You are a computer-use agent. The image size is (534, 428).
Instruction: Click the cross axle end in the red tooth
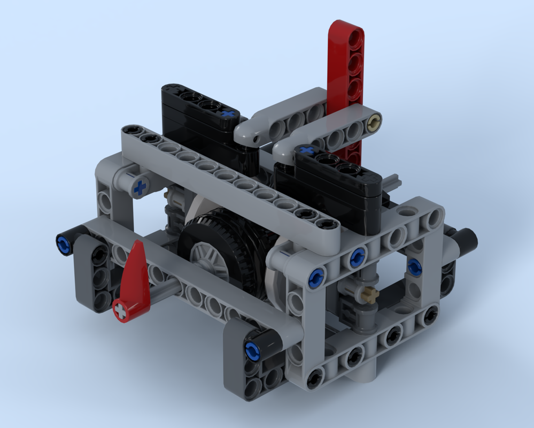pyautogui.click(x=122, y=310)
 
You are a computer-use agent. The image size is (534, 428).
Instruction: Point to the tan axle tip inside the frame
pyautogui.click(x=368, y=294)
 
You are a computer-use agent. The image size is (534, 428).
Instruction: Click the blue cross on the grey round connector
pyautogui.click(x=140, y=187)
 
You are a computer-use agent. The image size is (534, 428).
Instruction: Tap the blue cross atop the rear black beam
pyautogui.click(x=229, y=114)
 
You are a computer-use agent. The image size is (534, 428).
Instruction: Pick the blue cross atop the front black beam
pyautogui.click(x=307, y=150)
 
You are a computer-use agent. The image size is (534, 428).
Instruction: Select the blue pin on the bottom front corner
pyautogui.click(x=251, y=351)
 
